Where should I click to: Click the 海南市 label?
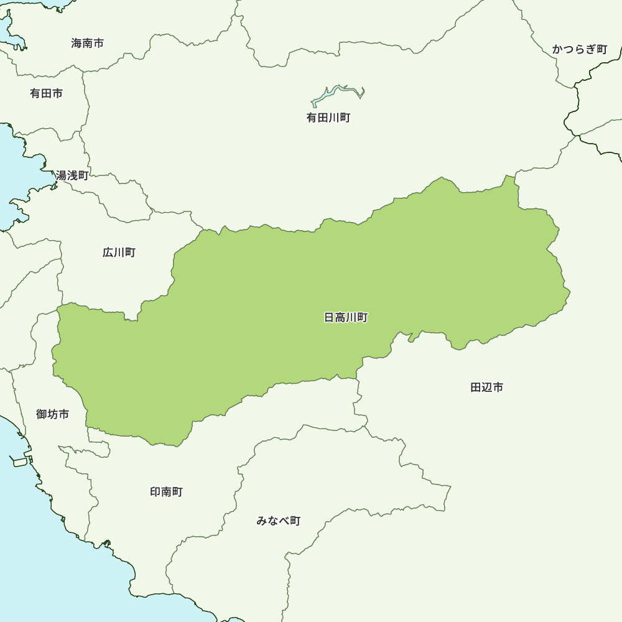87,44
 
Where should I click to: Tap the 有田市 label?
46,93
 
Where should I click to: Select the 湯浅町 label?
72,175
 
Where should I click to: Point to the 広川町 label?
119,253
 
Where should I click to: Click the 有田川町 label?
328,118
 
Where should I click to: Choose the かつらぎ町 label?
579,49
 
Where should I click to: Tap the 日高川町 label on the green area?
346,318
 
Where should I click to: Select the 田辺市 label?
486,388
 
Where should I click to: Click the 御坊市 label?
52,414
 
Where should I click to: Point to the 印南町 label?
166,492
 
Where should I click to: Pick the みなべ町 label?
278,521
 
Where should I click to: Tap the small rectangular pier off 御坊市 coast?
19,462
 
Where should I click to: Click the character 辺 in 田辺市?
486,388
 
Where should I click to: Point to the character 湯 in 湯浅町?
62,175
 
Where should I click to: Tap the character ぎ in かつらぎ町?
590,49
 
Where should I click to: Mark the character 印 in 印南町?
155,492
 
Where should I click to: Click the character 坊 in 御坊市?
52,414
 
